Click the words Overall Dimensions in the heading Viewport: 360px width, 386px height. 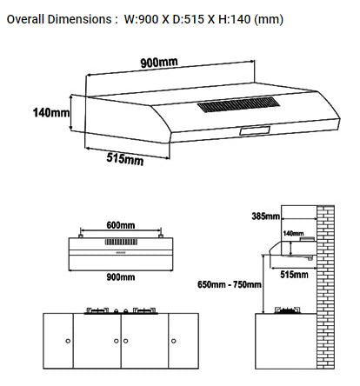[59, 18]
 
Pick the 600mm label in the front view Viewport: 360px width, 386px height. [122, 225]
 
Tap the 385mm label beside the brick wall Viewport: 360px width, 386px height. [264, 216]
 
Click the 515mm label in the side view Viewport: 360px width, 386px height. [294, 275]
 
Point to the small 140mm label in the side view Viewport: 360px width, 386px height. [292, 234]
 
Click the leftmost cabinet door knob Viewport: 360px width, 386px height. [67, 342]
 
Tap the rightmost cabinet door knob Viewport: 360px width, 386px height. [173, 342]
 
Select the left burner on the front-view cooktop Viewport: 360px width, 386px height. [97, 310]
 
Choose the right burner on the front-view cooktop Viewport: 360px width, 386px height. [142, 310]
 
